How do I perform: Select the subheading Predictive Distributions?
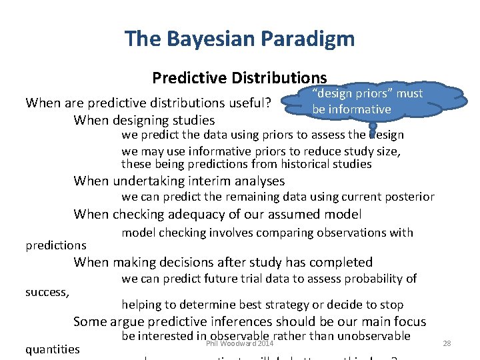[239, 78]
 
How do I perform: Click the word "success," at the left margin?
[47, 291]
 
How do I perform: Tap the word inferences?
[245, 321]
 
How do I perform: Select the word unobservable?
[371, 336]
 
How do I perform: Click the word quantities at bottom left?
[52, 349]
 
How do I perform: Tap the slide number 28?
[447, 343]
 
